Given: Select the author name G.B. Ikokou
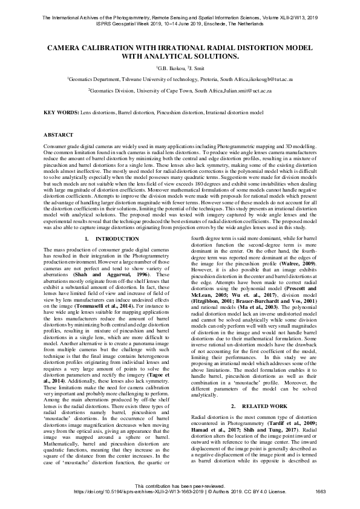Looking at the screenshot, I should tap(168, 68).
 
